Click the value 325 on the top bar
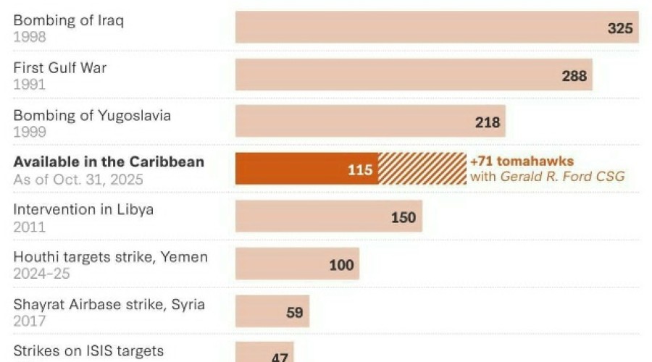(x=620, y=28)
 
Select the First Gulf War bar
(x=413, y=75)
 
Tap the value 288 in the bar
(x=574, y=75)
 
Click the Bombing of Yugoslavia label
(x=92, y=116)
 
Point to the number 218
(x=488, y=122)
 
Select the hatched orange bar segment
(x=422, y=169)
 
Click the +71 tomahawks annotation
(x=522, y=161)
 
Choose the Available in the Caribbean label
(x=109, y=162)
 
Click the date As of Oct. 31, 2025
(x=78, y=179)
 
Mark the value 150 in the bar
(x=404, y=217)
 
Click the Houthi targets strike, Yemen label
(x=110, y=257)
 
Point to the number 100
(x=340, y=264)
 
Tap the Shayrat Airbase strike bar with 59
(x=272, y=311)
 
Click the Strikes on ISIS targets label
(x=88, y=352)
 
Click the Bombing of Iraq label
(x=68, y=20)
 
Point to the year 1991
(x=29, y=84)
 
